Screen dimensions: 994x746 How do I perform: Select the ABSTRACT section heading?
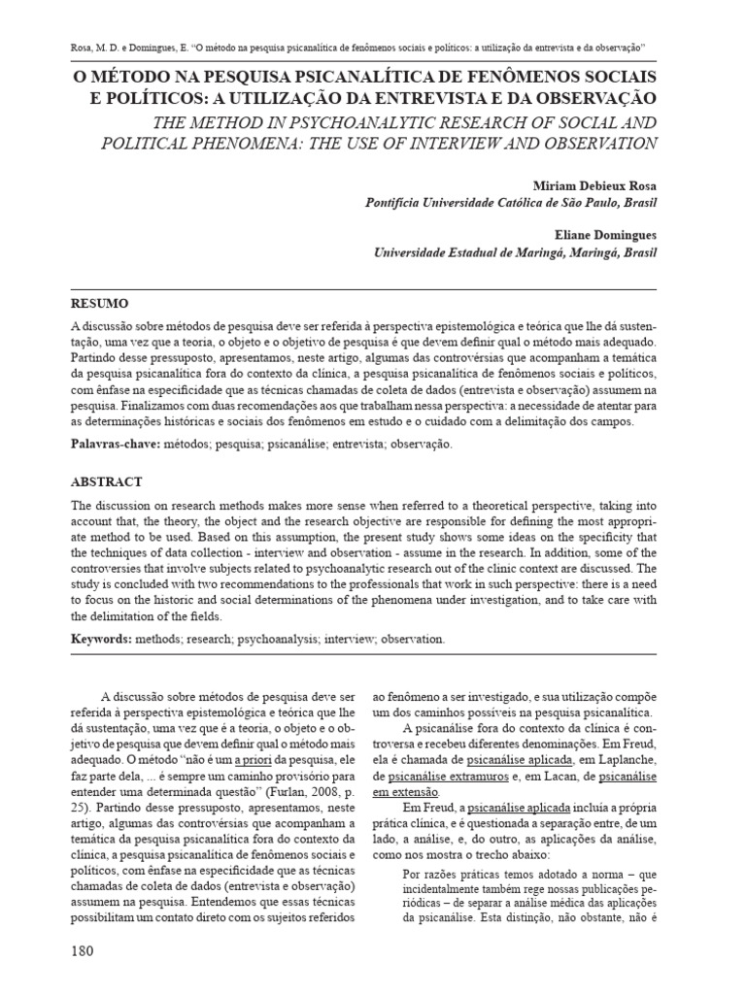(x=106, y=480)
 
